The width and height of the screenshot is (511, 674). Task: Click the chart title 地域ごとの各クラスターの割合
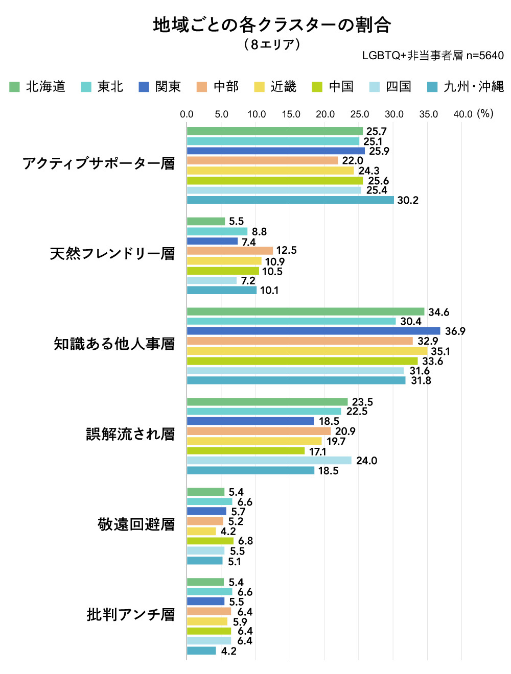(272, 25)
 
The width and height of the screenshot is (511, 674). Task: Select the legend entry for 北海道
(38, 87)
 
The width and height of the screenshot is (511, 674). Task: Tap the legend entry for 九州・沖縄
(466, 87)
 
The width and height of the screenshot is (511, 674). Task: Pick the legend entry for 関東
(160, 87)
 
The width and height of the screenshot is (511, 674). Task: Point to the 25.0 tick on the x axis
(359, 114)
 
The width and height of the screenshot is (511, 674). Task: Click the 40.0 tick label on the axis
(462, 114)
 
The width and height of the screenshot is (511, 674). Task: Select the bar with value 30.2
(290, 200)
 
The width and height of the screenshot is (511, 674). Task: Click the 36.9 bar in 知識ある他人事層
(313, 331)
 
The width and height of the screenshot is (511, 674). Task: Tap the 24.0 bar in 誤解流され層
(269, 461)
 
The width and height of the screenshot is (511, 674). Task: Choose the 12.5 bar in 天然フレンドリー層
(230, 251)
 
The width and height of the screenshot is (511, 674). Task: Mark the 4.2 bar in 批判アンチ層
(201, 651)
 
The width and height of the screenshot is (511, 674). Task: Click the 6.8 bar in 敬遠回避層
(210, 541)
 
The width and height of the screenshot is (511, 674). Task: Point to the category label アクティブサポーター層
(99, 163)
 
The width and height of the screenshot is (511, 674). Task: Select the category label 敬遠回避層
(136, 524)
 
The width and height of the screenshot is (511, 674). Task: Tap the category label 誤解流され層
(130, 434)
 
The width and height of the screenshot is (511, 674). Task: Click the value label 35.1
(440, 351)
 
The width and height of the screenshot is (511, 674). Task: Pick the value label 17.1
(317, 451)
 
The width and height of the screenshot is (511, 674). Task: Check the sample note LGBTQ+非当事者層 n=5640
(432, 56)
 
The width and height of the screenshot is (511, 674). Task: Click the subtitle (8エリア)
(272, 44)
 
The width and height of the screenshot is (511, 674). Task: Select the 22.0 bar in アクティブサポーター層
(263, 161)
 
